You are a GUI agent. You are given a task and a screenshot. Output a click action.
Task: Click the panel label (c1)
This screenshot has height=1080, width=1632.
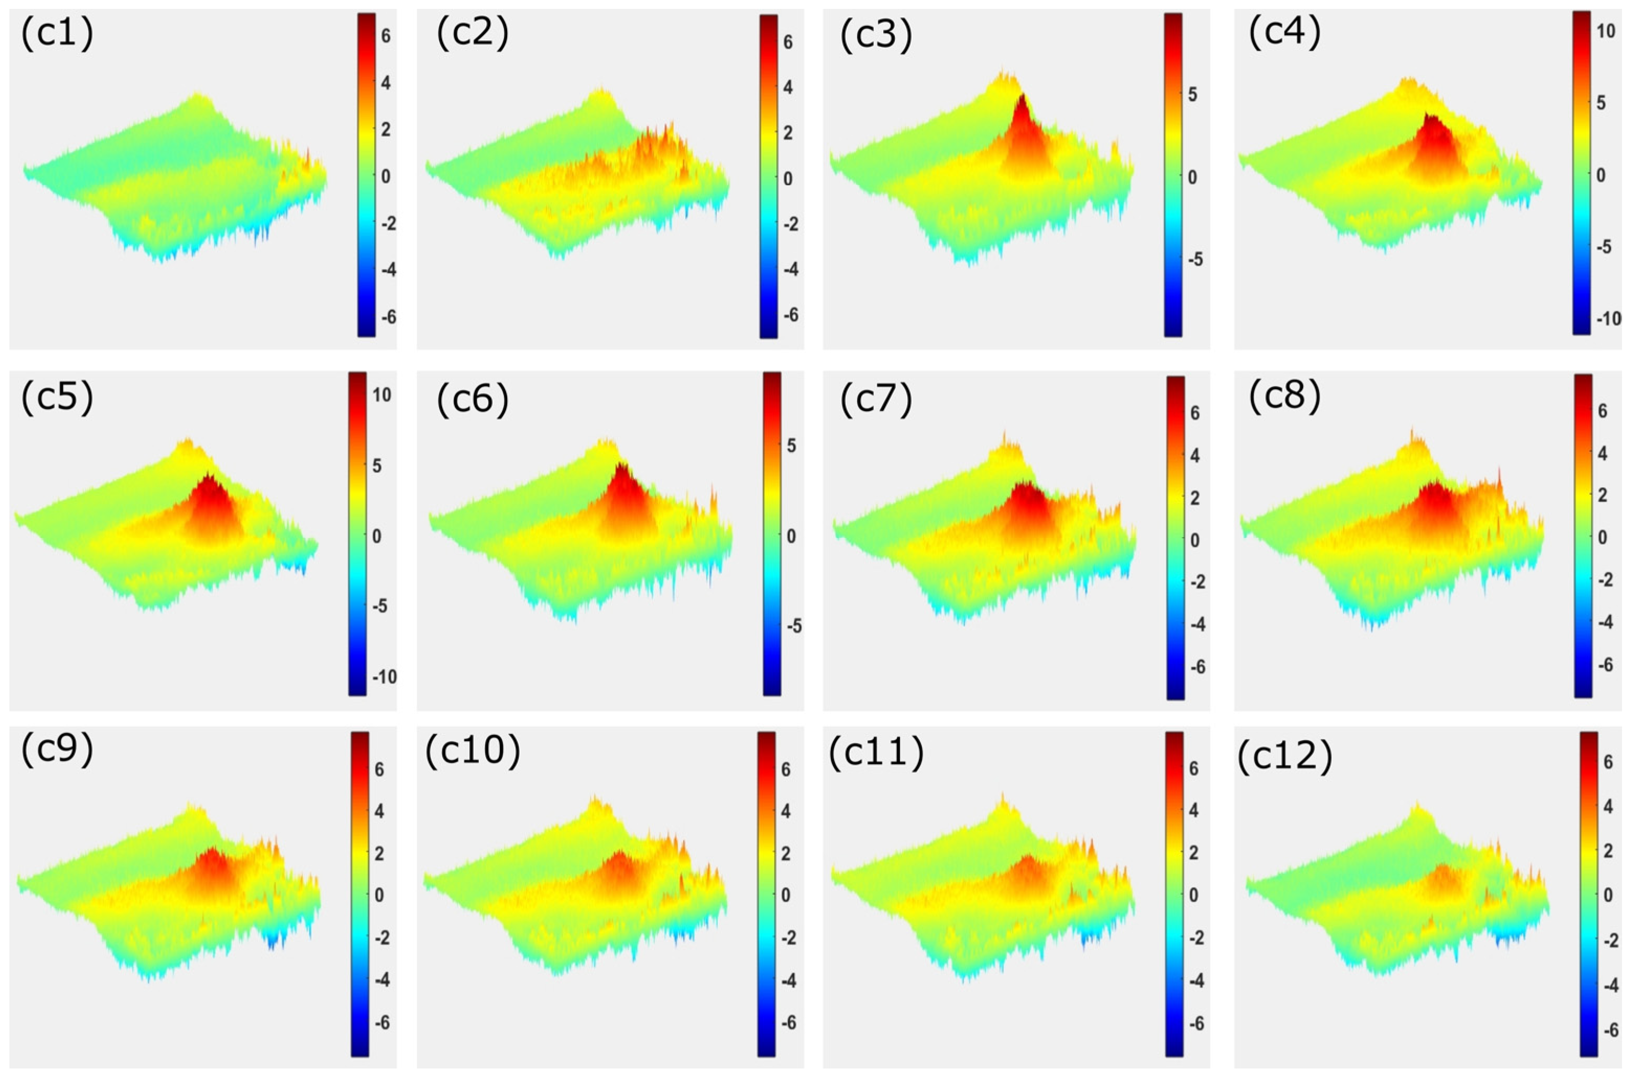(x=57, y=35)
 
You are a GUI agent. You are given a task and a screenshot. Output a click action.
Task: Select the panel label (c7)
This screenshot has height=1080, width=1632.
(x=876, y=398)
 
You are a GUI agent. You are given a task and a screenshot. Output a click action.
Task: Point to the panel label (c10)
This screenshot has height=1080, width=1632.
(x=472, y=751)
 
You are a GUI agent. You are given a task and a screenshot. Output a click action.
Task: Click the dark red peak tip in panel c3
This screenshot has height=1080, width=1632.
(x=1022, y=96)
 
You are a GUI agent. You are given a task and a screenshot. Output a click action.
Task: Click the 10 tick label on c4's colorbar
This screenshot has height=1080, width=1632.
(x=1605, y=32)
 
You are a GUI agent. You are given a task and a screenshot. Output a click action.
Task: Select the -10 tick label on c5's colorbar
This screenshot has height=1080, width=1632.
(x=384, y=677)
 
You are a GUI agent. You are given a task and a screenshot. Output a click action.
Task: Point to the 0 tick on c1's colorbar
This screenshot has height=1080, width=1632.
(x=385, y=176)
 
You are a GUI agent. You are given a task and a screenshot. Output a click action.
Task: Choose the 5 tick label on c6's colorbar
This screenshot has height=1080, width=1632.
(x=791, y=446)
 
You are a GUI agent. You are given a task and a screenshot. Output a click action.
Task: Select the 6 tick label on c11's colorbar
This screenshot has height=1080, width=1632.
(x=1193, y=768)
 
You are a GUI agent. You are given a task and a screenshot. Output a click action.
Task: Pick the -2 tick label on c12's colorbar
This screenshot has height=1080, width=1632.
(x=1609, y=942)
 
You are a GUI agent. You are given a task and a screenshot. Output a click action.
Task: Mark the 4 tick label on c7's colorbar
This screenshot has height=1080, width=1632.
(x=1195, y=455)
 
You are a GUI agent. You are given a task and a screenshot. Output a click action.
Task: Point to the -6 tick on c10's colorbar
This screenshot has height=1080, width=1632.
(x=787, y=1023)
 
